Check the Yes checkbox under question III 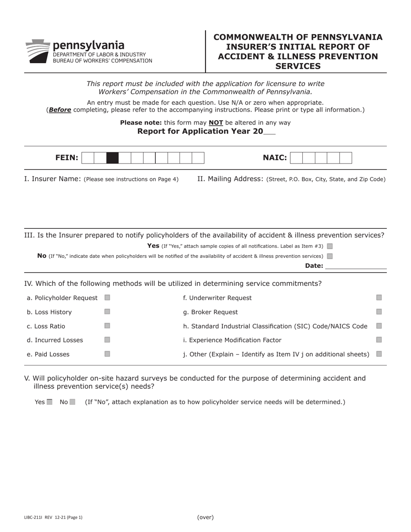click(x=330, y=246)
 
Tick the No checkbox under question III click(x=330, y=256)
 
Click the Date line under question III click(x=356, y=266)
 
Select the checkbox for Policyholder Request click(x=107, y=298)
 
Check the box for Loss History click(x=107, y=311)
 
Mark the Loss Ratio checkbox click(x=107, y=326)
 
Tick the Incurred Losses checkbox click(x=107, y=340)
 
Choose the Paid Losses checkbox click(x=107, y=354)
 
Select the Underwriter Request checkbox click(x=379, y=298)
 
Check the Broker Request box click(x=379, y=311)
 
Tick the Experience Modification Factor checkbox click(x=379, y=340)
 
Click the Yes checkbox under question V click(x=49, y=402)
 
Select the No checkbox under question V click(x=72, y=402)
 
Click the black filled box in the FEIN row click(x=112, y=158)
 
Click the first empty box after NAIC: click(x=296, y=158)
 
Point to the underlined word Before click(x=60, y=110)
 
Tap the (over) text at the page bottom click(x=205, y=517)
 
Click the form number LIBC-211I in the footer click(x=33, y=517)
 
